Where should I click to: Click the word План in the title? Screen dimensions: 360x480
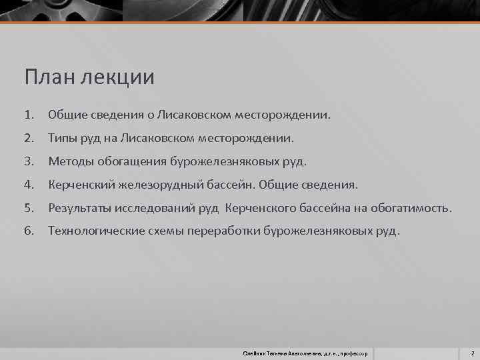[x=49, y=78]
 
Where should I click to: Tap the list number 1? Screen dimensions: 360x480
[x=29, y=115]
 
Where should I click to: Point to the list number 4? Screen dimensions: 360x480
[x=29, y=185]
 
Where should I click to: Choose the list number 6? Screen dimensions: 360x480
[x=29, y=231]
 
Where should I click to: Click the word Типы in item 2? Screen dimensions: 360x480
[x=63, y=139]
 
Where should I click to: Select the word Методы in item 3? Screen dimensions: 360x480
[x=71, y=162]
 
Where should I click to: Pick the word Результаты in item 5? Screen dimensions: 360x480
[x=81, y=208]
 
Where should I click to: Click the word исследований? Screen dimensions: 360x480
[x=159, y=208]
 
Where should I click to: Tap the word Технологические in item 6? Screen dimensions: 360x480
[x=95, y=231]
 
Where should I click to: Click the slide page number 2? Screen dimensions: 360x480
[x=471, y=351]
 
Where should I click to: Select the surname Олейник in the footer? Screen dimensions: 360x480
[x=256, y=351]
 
